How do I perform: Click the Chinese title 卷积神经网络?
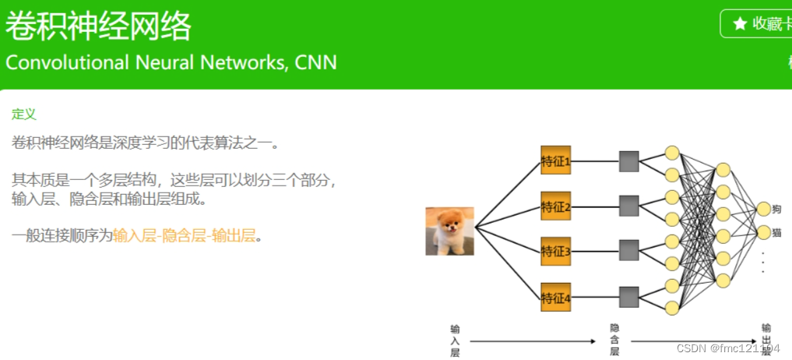pos(99,27)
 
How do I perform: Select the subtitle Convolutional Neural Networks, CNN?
pos(171,62)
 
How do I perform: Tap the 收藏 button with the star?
pos(755,23)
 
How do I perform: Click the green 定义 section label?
pos(24,114)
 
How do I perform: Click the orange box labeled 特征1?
pos(556,161)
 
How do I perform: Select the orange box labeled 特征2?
pos(556,206)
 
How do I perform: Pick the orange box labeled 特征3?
pos(556,251)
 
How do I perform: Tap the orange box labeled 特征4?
pos(556,297)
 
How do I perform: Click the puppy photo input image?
pos(449,231)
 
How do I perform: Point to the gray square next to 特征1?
pos(628,161)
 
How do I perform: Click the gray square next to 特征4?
pos(628,297)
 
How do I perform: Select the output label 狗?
pos(776,209)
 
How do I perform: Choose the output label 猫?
pos(776,232)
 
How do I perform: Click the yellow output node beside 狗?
pos(763,209)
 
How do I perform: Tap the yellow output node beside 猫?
pos(763,232)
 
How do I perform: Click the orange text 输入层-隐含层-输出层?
pos(184,235)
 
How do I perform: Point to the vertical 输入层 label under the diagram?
pos(455,341)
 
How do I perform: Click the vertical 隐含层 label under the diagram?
pos(614,341)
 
